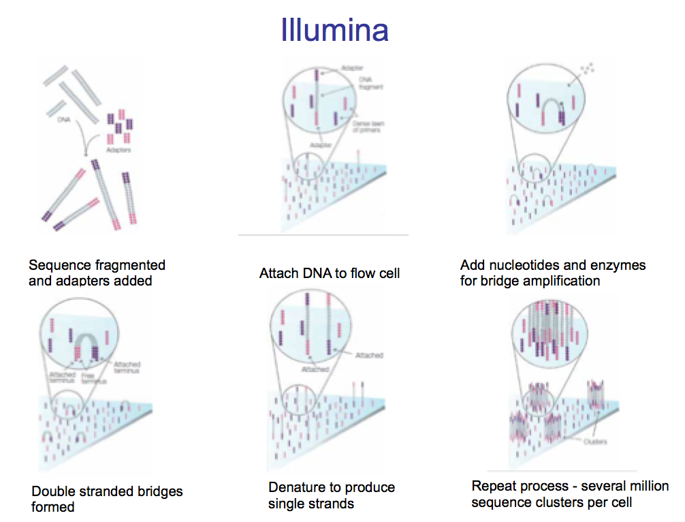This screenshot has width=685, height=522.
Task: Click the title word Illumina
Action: tap(334, 30)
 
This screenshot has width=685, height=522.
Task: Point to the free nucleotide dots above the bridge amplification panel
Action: tap(588, 68)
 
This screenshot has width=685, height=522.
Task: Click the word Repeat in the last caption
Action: tap(495, 486)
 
